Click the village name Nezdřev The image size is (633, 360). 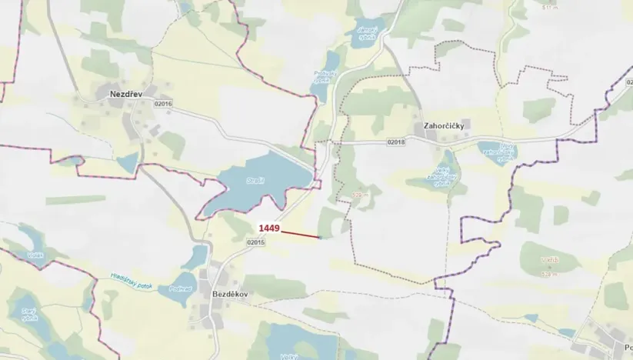(x=116, y=94)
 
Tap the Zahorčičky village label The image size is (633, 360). (x=441, y=125)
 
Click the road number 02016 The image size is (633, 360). (x=163, y=104)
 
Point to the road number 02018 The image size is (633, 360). (x=395, y=142)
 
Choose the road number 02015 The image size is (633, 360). (x=256, y=242)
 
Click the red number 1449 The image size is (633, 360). (x=268, y=228)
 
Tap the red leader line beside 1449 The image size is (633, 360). (x=300, y=233)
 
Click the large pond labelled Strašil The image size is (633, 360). (x=254, y=184)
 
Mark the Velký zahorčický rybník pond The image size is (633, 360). (x=441, y=176)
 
